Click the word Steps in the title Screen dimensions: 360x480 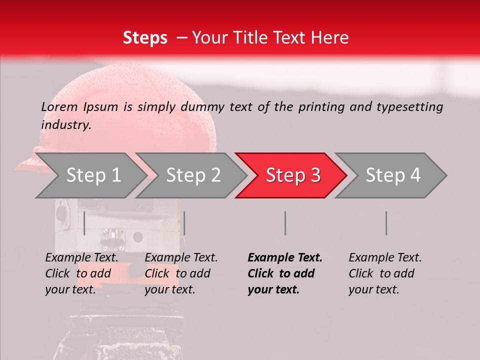coord(145,37)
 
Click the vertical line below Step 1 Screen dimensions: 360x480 coord(84,223)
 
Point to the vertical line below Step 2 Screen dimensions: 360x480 coord(184,223)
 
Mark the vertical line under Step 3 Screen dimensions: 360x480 coord(285,223)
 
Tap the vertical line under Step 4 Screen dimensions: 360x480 coord(386,223)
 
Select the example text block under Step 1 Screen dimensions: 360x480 coord(81,273)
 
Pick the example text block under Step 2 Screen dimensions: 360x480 coord(181,273)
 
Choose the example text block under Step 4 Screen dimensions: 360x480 coord(385,273)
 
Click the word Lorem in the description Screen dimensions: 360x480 coord(59,106)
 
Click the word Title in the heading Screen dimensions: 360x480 coord(252,37)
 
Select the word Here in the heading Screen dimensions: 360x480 coord(329,37)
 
